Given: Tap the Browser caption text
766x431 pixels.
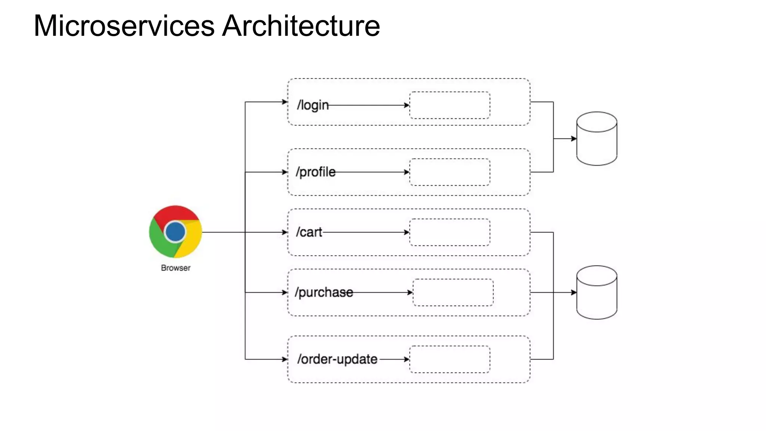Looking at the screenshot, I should coord(175,268).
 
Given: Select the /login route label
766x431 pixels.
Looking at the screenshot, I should coord(313,105).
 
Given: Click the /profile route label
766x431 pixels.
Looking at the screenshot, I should coord(315,172).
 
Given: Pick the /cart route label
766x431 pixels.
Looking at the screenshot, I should coord(309,232).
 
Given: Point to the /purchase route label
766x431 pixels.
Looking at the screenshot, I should coord(324,292).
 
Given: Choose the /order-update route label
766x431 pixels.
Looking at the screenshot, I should coord(337,359).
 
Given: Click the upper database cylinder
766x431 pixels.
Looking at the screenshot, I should coord(597,139).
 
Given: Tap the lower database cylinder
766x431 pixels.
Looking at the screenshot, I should coord(597,293).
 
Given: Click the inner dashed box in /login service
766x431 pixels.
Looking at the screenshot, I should coord(450,106).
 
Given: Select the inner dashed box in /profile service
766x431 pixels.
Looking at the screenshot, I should coord(450,172).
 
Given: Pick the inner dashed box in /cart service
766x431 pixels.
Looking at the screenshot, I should coord(450,232).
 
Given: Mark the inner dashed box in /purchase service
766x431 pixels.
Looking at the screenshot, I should coord(453,293).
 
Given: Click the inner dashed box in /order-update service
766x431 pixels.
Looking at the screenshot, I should coord(450,359).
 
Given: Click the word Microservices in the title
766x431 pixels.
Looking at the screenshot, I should coord(124,26).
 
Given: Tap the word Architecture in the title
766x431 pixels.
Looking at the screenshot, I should coord(301,26).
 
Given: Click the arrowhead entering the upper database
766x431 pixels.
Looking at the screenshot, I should coord(574,139).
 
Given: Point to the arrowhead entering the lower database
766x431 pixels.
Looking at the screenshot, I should coord(574,293).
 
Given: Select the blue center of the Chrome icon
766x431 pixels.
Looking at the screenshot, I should coord(175,232).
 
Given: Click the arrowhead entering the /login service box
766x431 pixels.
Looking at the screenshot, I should coord(285,102).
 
